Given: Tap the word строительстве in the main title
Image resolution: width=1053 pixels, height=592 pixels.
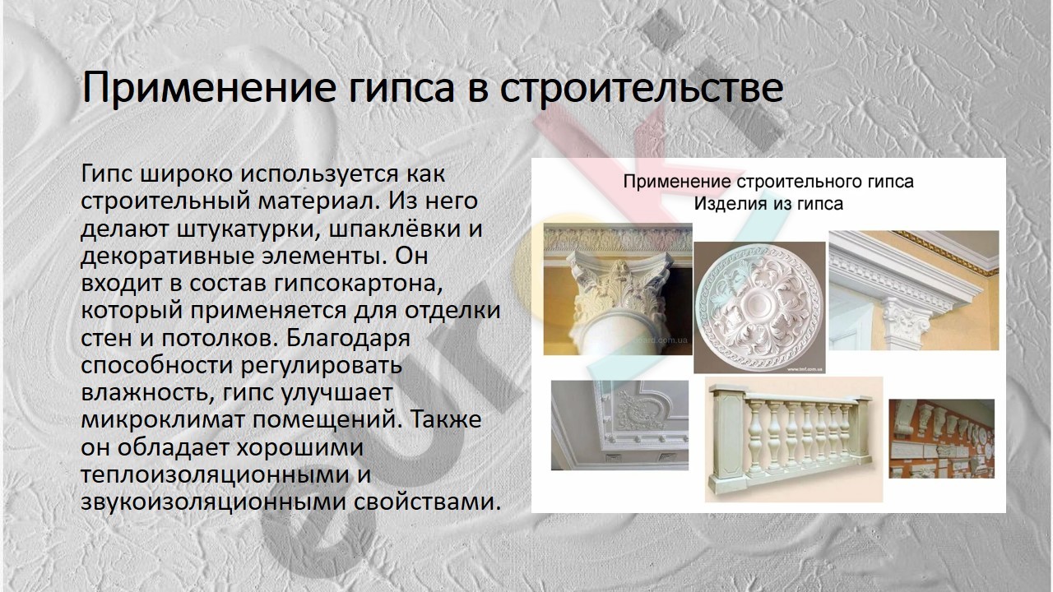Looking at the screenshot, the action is [x=641, y=88].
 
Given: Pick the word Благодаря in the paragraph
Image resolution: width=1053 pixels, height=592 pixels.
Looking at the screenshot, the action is [x=348, y=339].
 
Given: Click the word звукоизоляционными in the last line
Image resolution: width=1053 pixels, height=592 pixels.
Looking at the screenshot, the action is [x=213, y=502].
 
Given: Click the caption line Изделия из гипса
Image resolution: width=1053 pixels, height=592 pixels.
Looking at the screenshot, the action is [x=768, y=204].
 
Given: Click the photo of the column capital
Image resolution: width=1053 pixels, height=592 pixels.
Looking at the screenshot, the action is [x=618, y=289].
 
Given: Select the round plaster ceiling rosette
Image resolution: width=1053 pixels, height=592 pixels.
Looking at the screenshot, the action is [x=759, y=308].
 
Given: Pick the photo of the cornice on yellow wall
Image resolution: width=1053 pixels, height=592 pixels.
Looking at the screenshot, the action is [x=913, y=290].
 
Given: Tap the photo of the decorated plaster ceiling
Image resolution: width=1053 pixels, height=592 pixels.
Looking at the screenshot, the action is [x=619, y=425].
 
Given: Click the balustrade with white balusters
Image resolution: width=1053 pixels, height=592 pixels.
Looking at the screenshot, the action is [x=794, y=439].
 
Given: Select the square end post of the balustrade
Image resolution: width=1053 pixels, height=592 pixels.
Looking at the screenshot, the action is [x=728, y=439].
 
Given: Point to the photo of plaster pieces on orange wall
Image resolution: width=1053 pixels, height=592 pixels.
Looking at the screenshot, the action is [x=942, y=439].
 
